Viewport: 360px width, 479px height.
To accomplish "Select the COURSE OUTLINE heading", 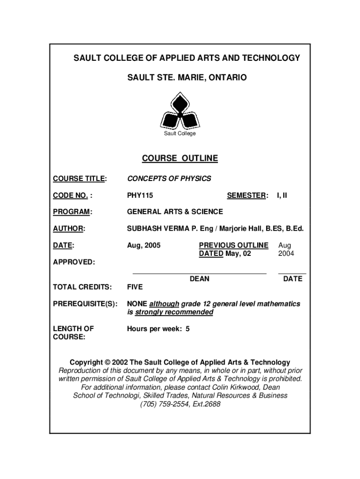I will pos(180,158).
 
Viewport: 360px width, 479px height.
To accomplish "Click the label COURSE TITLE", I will pos(79,179).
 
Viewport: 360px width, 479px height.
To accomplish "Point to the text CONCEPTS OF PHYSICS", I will pos(169,179).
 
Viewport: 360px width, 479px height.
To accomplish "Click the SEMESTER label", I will pos(247,195).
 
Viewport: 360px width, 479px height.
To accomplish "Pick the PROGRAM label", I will pos(72,212).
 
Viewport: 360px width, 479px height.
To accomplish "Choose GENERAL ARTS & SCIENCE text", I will pos(175,212).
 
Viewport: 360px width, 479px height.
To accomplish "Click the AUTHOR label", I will pos(68,229).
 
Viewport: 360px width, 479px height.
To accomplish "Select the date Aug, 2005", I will pos(144,245).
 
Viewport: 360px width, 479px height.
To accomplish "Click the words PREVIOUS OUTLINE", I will pos(234,245).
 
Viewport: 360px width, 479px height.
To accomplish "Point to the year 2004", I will pos(286,254).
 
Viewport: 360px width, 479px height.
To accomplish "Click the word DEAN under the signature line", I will pos(200,279).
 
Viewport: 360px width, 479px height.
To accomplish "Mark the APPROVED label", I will pos(73,262).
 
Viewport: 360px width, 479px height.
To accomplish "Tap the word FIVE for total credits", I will pos(135,287).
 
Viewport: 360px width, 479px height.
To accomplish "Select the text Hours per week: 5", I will pos(158,328).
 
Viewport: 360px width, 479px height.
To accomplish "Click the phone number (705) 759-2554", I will pos(163,404).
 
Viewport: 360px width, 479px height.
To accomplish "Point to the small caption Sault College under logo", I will pos(180,134).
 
